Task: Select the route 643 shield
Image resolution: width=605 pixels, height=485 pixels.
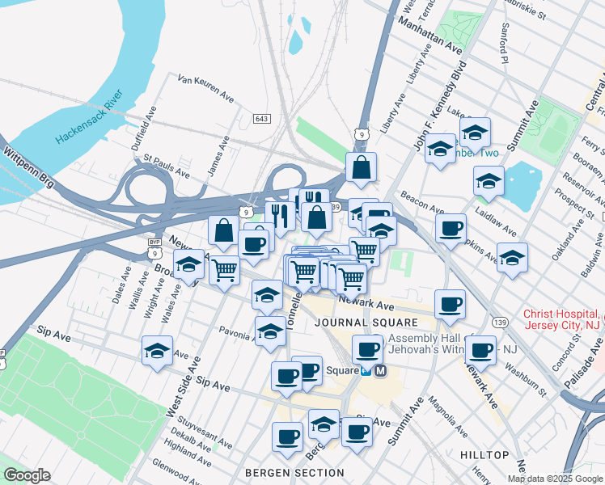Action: click(261, 119)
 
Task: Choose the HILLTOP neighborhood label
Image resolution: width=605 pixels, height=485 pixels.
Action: click(484, 455)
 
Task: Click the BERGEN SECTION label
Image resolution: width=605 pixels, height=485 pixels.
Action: click(295, 472)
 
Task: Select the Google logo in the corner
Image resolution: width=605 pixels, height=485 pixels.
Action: click(27, 475)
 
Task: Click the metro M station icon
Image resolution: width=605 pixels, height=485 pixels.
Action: click(381, 371)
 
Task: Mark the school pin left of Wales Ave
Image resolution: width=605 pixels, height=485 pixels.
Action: click(188, 266)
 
